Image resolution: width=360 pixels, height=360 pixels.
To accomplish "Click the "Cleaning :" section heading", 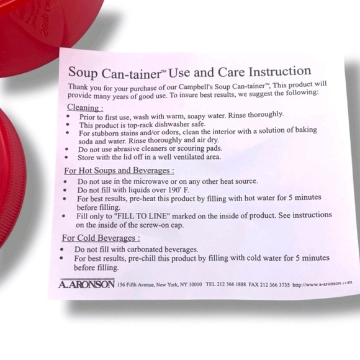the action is pyautogui.click(x=85, y=107).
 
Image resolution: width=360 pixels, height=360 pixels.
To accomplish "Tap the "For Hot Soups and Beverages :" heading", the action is pyautogui.click(x=119, y=171).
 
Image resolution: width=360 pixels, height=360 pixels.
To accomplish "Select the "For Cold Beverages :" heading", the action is pyautogui.click(x=101, y=238).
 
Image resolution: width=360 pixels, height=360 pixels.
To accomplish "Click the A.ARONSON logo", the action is pyautogui.click(x=86, y=284).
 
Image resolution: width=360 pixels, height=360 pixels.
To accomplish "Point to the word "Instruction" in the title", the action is pyautogui.click(x=280, y=71).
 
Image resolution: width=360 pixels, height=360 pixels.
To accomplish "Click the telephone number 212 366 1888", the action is pyautogui.click(x=231, y=284).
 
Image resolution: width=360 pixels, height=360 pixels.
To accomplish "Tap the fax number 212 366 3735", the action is pyautogui.click(x=275, y=284).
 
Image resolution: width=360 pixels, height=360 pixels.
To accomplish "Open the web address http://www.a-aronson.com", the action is pyautogui.click(x=322, y=284).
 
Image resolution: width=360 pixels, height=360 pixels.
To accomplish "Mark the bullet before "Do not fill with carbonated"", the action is pyautogui.click(x=62, y=249).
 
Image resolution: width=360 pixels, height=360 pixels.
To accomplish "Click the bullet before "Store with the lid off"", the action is pyautogui.click(x=66, y=157).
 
